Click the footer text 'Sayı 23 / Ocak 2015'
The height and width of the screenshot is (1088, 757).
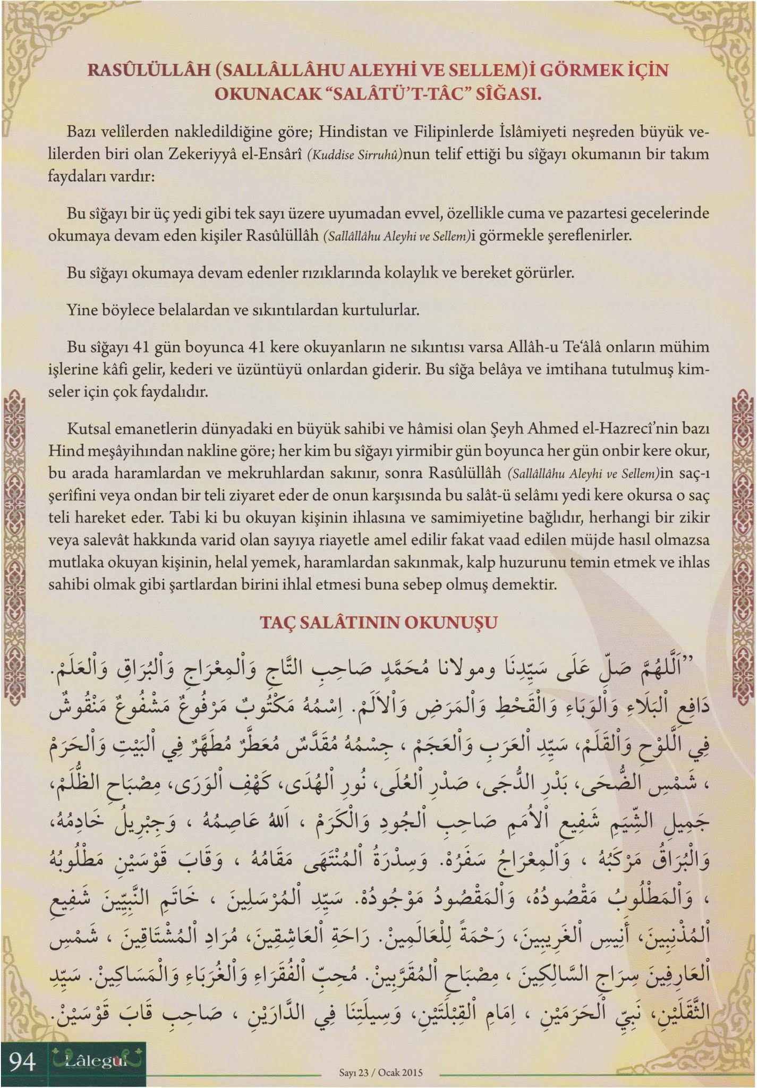point(380,1073)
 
